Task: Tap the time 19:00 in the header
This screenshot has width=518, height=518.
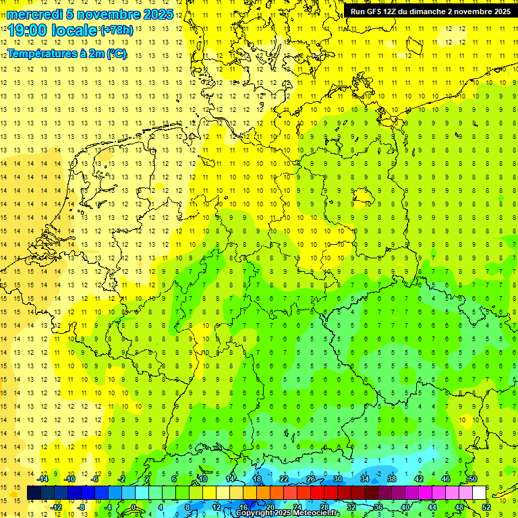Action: pos(27,30)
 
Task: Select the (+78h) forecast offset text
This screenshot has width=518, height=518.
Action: pos(116,30)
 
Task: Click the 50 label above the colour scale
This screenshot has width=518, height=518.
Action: pos(472,479)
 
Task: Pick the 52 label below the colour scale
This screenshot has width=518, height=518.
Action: pos(486,507)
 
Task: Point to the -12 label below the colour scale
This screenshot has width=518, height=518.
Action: pos(56,507)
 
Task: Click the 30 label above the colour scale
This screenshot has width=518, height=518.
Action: pos(337,479)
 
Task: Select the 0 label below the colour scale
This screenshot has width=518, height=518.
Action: pos(134,507)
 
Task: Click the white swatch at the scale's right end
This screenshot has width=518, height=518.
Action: pos(479,493)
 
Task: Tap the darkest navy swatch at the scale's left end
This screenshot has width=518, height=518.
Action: pos(34,493)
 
